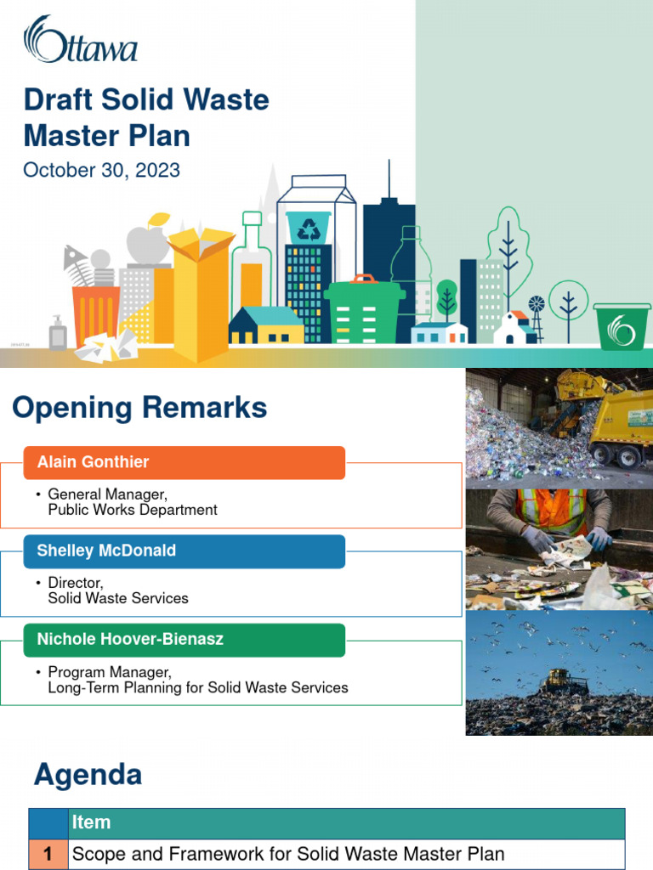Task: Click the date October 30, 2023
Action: click(101, 170)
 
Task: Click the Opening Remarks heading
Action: click(139, 409)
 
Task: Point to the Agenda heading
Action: click(88, 774)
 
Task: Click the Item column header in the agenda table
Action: click(92, 822)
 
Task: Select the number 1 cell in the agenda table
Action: click(48, 854)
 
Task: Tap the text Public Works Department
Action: click(132, 510)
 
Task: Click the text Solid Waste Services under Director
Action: click(118, 598)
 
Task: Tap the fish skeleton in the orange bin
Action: click(77, 259)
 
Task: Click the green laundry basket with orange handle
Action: click(364, 310)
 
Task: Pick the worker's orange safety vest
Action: click(553, 510)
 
